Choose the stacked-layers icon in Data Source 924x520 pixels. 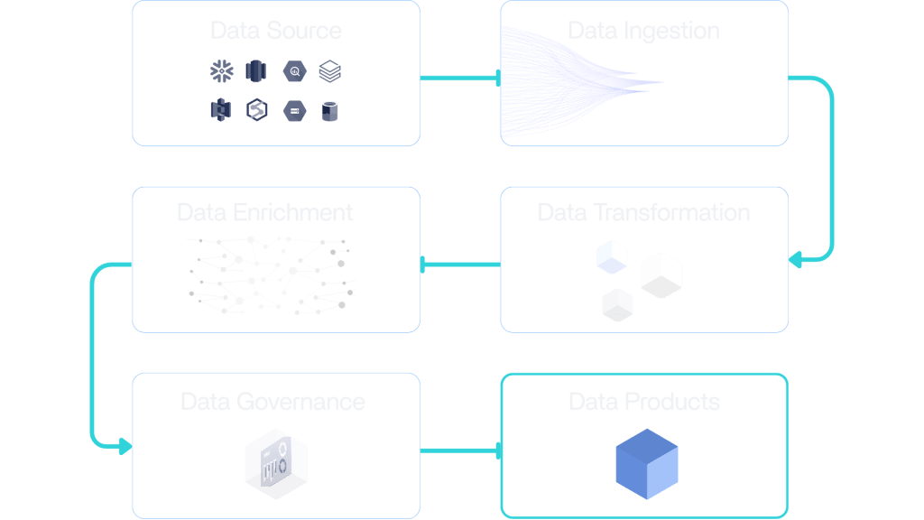click(x=330, y=70)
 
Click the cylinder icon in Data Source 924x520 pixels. click(x=330, y=111)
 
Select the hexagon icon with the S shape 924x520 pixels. click(x=257, y=111)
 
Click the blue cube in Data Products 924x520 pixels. click(x=646, y=463)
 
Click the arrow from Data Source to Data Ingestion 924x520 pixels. click(x=460, y=79)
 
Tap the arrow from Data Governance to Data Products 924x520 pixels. click(x=460, y=450)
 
